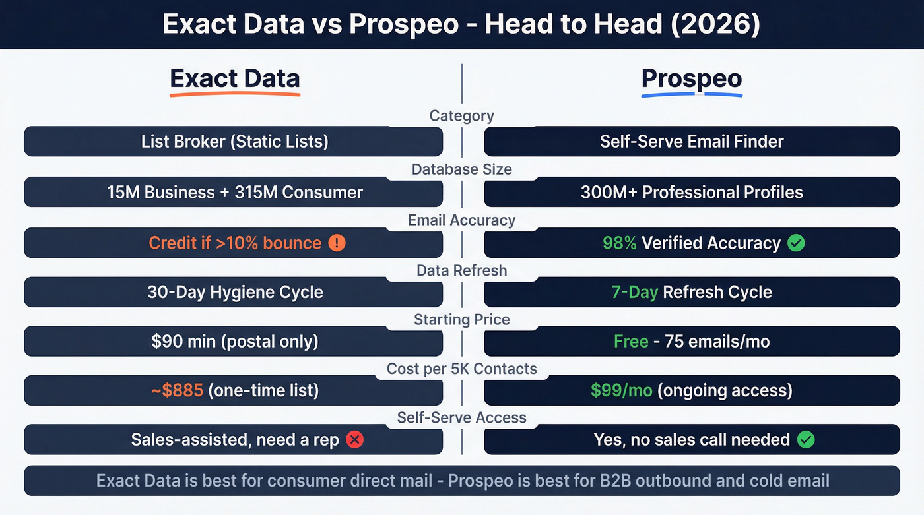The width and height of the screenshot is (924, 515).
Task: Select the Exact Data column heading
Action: (x=235, y=78)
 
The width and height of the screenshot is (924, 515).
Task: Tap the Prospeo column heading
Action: (x=692, y=78)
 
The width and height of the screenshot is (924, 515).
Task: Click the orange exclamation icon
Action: (x=337, y=243)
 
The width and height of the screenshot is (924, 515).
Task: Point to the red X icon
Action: (x=355, y=440)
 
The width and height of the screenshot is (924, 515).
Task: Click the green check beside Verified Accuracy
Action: (x=797, y=243)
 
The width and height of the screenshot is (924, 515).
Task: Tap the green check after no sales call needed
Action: (x=806, y=440)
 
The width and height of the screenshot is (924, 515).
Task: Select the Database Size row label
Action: (x=461, y=169)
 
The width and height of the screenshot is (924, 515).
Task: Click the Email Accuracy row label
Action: (x=461, y=220)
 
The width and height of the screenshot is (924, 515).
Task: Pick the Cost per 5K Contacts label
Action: (x=461, y=369)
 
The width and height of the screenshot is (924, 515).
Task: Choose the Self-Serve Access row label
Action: (x=461, y=417)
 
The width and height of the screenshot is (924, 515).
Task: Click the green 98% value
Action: (x=619, y=243)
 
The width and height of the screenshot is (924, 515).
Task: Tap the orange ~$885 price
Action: (x=177, y=390)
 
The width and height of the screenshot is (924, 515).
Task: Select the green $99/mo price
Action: (x=621, y=390)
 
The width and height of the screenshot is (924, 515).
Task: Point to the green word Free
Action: (x=631, y=342)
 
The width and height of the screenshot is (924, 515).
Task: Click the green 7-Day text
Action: (x=634, y=292)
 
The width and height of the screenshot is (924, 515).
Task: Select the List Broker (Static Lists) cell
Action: (x=234, y=141)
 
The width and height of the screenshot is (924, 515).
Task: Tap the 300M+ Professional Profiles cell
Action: (x=692, y=193)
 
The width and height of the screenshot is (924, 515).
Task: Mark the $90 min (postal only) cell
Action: (x=234, y=342)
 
